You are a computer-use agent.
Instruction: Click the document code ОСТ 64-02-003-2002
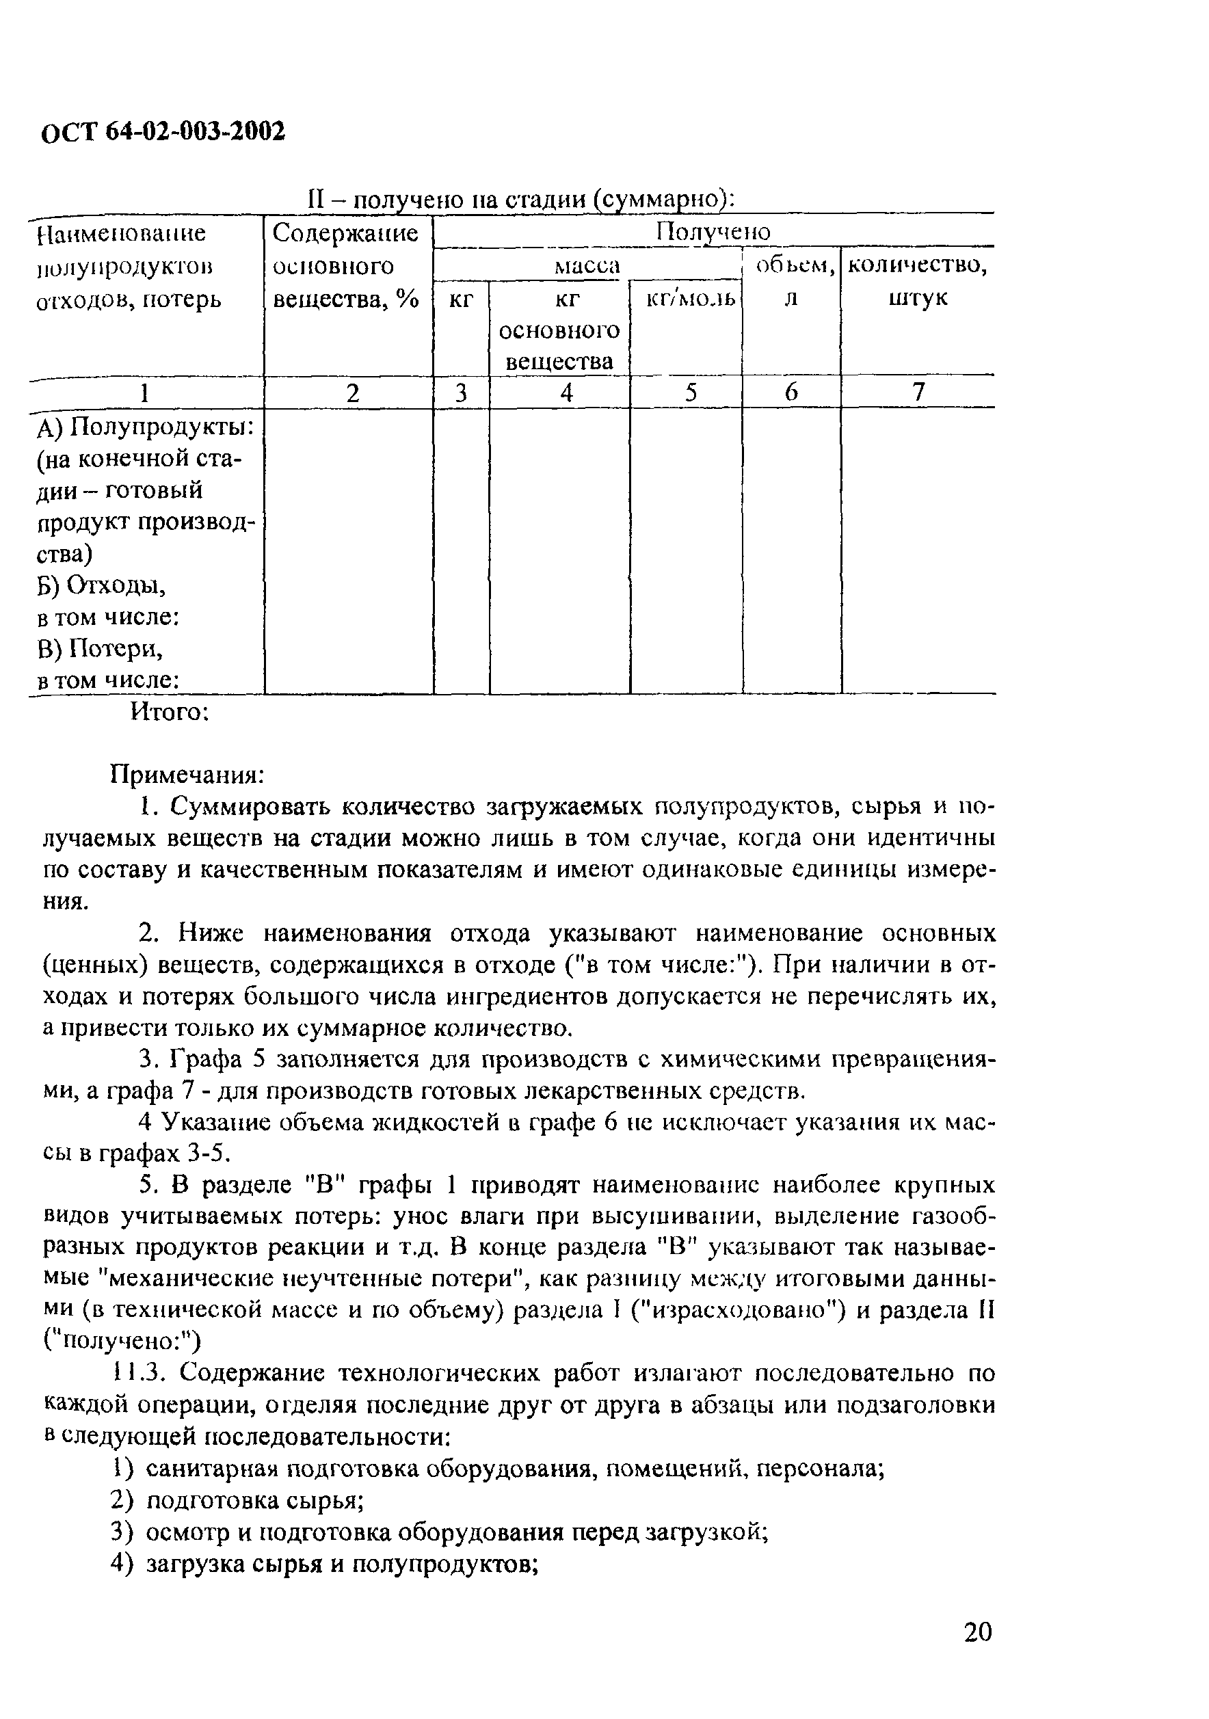click(x=163, y=133)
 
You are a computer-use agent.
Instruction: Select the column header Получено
click(x=713, y=231)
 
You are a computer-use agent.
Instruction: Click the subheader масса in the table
click(x=587, y=265)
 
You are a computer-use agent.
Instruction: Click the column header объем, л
click(x=792, y=281)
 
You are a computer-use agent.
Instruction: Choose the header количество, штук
click(x=918, y=281)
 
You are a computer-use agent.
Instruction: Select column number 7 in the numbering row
click(x=918, y=392)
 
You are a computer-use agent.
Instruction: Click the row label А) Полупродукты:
click(x=145, y=427)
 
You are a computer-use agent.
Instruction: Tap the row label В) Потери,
click(x=100, y=648)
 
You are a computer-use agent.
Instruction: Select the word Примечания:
click(x=187, y=773)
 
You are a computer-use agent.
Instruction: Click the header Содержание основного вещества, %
click(x=346, y=266)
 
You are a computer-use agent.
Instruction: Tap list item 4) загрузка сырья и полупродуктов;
click(x=325, y=1564)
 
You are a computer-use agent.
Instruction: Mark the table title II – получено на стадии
click(x=521, y=200)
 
